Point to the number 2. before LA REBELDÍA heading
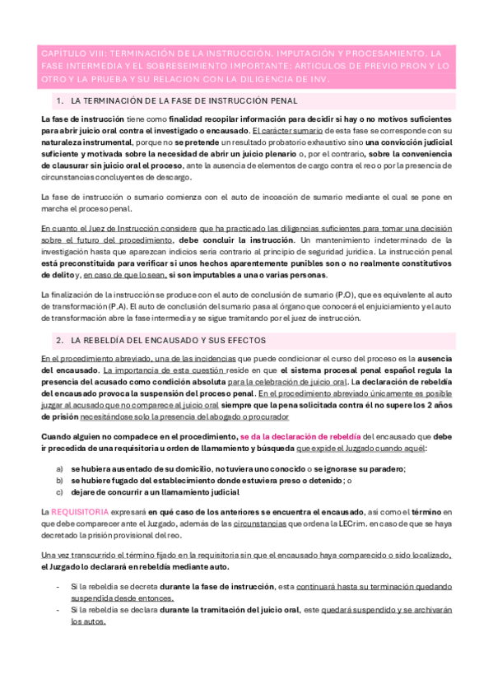(59, 340)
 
